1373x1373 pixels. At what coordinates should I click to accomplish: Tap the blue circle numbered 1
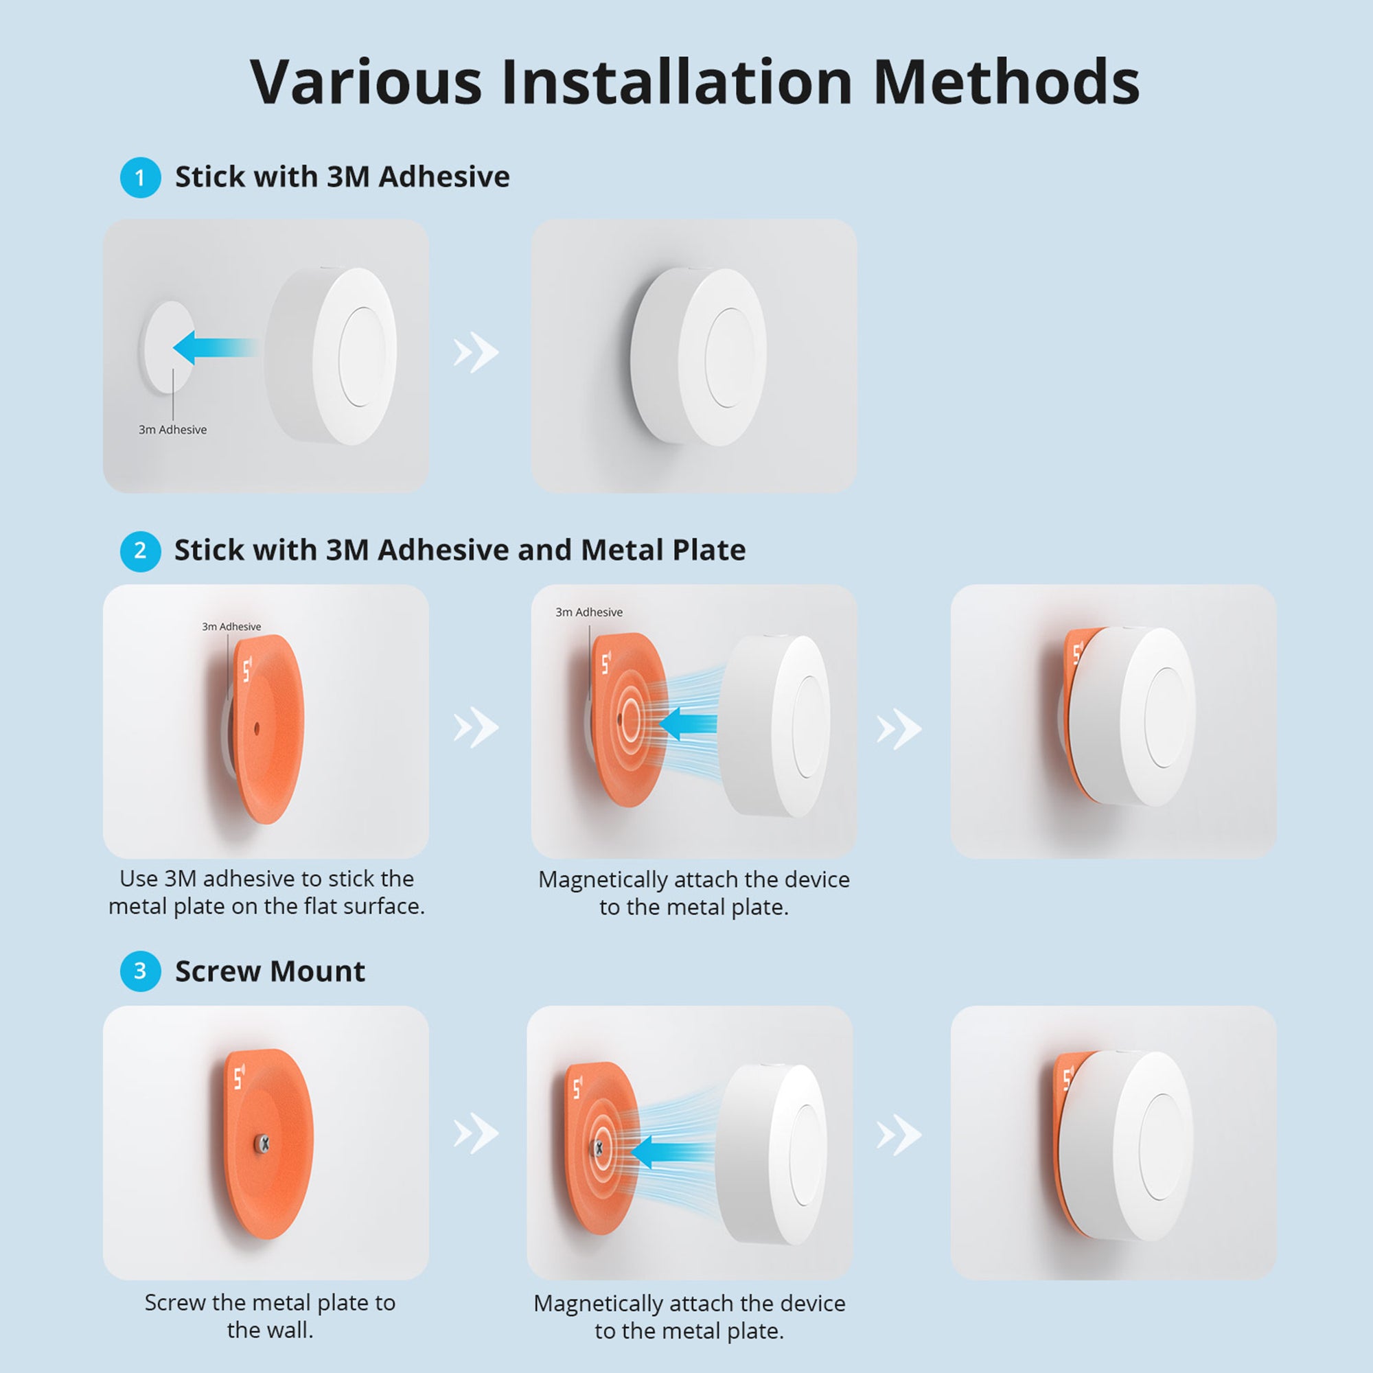tap(140, 177)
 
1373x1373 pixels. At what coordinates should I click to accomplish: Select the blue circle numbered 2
tap(140, 551)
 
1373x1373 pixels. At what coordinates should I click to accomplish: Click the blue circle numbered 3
tap(140, 971)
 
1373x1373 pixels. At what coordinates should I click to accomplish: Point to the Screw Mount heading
tap(269, 971)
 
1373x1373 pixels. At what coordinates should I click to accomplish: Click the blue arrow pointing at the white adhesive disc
tap(214, 347)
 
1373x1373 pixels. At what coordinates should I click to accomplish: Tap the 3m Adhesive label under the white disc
tap(173, 430)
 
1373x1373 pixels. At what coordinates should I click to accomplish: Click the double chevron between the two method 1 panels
tap(476, 351)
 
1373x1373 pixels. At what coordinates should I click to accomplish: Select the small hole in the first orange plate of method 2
tap(257, 728)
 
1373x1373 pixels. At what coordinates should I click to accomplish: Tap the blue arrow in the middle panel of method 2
tap(688, 724)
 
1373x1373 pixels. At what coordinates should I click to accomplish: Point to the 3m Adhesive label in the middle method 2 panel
tap(588, 612)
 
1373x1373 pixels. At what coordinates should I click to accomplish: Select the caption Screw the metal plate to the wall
tap(269, 1315)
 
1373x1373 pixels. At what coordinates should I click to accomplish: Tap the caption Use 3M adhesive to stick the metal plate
tap(266, 892)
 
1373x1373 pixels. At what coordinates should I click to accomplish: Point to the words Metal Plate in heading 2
tap(662, 551)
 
